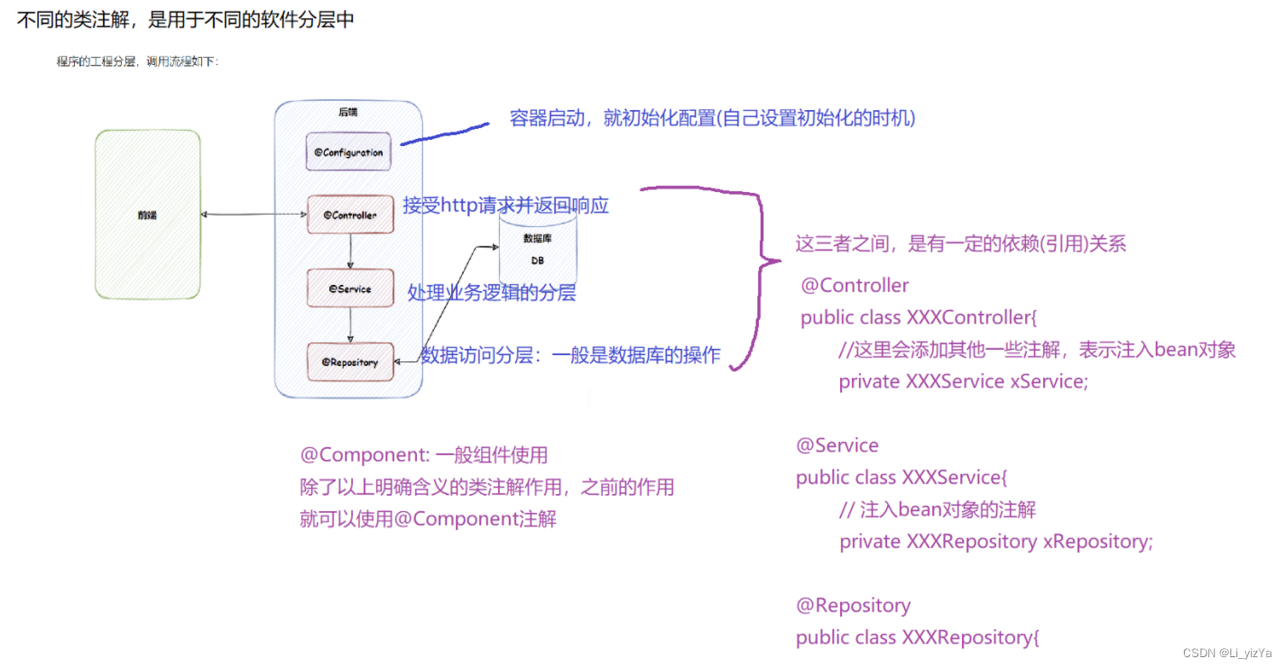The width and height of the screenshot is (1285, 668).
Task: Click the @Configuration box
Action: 348,152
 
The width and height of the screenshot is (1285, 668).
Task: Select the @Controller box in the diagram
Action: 350,215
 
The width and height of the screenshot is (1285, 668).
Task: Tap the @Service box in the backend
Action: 350,288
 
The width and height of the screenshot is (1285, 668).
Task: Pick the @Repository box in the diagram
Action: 350,362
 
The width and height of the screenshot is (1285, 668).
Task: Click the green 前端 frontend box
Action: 147,215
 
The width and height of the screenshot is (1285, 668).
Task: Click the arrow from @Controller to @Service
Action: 350,251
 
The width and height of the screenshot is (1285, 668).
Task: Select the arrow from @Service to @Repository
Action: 350,325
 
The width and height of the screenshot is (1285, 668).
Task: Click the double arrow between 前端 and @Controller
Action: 254,215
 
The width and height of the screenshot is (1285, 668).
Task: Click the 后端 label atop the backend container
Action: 347,113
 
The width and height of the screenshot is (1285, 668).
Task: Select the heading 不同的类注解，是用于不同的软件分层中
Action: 186,20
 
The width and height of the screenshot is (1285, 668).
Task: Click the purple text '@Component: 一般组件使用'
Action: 424,455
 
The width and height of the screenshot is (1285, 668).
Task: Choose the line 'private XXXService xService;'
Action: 964,381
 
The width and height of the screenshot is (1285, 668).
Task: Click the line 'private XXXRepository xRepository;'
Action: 996,542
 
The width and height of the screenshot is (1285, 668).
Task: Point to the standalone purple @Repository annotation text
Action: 854,605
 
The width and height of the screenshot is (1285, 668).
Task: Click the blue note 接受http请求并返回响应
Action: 506,206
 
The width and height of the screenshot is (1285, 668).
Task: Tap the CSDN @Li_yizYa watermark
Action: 1227,653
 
